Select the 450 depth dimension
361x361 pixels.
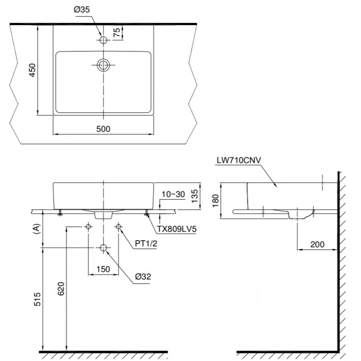tap(32, 70)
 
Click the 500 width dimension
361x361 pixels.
tap(103, 129)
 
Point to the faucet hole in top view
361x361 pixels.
tap(104, 40)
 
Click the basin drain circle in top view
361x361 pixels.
tap(104, 65)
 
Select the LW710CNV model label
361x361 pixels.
tap(239, 160)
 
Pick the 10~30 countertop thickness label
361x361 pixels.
tap(174, 194)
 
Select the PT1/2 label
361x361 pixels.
tap(146, 244)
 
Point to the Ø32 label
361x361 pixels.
tap(143, 277)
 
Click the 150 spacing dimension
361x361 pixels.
tap(103, 269)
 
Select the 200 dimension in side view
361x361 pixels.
tap(317, 245)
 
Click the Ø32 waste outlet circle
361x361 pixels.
tap(104, 248)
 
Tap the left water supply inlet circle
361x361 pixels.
tap(88, 227)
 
